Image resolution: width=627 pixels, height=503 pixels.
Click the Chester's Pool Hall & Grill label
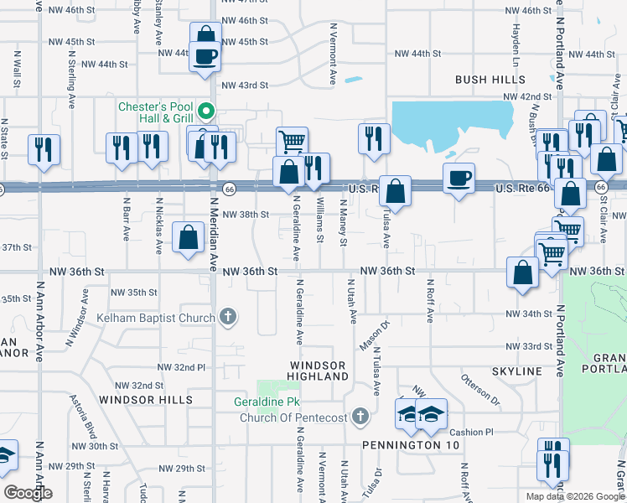click(x=155, y=111)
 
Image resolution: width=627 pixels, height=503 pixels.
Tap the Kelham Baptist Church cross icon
click(x=227, y=317)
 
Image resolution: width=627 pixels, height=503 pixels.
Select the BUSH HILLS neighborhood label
click(x=490, y=80)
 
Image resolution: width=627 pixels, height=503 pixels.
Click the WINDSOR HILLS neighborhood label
click(x=137, y=400)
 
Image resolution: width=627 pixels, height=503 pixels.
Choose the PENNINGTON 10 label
click(x=411, y=445)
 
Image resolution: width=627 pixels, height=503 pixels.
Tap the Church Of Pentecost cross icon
click(x=360, y=417)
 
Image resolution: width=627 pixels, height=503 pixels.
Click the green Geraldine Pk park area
click(x=267, y=389)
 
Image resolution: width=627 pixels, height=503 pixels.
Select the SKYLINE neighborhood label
click(x=517, y=371)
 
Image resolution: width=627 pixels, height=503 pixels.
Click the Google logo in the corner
click(x=28, y=493)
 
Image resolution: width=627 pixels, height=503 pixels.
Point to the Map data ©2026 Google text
click(x=574, y=496)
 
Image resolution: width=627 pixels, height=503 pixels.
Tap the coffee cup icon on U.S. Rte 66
click(x=459, y=179)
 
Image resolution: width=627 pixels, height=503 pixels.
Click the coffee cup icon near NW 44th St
click(x=205, y=57)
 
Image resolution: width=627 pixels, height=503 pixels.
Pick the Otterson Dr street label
click(x=479, y=390)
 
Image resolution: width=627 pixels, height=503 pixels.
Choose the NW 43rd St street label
click(x=245, y=86)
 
